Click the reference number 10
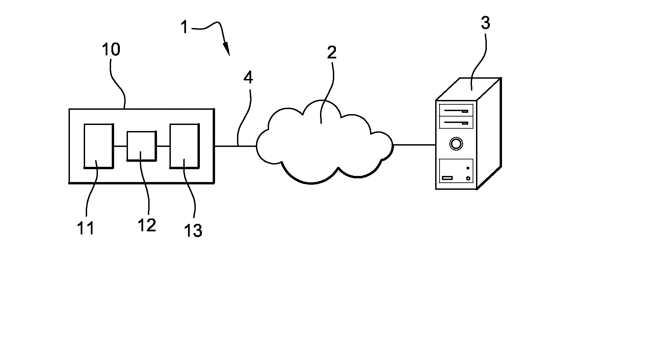point(111,50)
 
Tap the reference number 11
point(86,229)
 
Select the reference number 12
point(147,225)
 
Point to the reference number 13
point(193,231)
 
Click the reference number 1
point(184,27)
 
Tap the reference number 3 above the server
point(485,23)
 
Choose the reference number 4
point(248,78)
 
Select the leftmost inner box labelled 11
point(98,146)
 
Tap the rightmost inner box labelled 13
point(184,146)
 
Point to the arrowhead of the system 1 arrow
point(227,51)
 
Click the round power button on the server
point(456,144)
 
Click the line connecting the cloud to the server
point(414,145)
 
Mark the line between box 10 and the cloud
point(235,146)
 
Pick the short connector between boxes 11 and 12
point(120,146)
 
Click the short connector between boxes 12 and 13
point(163,146)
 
